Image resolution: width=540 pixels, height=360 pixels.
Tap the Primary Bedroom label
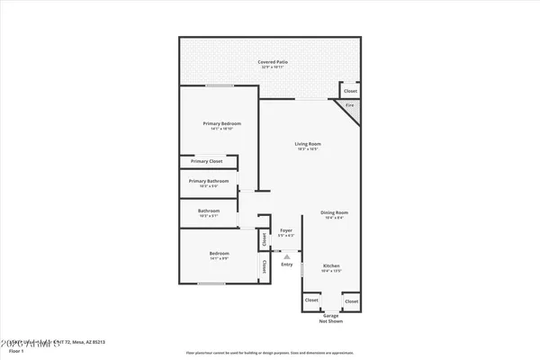pos(219,123)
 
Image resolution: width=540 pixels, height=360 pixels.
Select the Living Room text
pos(308,143)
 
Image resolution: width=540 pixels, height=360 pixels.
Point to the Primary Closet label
pos(206,161)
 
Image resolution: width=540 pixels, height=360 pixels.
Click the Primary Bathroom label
pos(209,180)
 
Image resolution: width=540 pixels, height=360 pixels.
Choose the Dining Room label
pos(335,212)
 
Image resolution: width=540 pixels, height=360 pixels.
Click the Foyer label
pos(286,231)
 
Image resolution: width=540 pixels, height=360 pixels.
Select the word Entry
pos(286,264)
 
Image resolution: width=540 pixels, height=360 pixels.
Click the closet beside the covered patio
pos(350,91)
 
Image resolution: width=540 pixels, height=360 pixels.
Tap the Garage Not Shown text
pos(331,319)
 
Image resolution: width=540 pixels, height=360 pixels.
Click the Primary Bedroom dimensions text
pos(219,129)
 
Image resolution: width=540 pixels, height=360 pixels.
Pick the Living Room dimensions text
pos(308,148)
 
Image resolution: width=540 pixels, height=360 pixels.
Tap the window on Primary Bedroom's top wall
pos(219,85)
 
